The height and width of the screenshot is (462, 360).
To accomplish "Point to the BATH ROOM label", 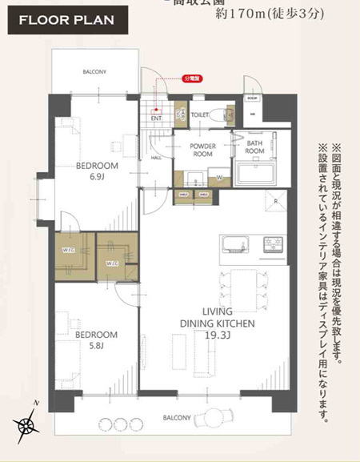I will (254, 146).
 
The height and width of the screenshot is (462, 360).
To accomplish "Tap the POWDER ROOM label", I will (204, 150).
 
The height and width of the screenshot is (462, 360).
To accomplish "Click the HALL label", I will (156, 158).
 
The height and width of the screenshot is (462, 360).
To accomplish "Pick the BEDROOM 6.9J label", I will (97, 170).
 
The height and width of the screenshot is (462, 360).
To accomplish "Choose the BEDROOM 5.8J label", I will (97, 339).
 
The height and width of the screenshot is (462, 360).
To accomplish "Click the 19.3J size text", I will (217, 335).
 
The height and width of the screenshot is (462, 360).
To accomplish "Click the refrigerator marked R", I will (275, 203).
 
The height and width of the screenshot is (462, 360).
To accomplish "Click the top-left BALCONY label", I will (94, 71).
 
